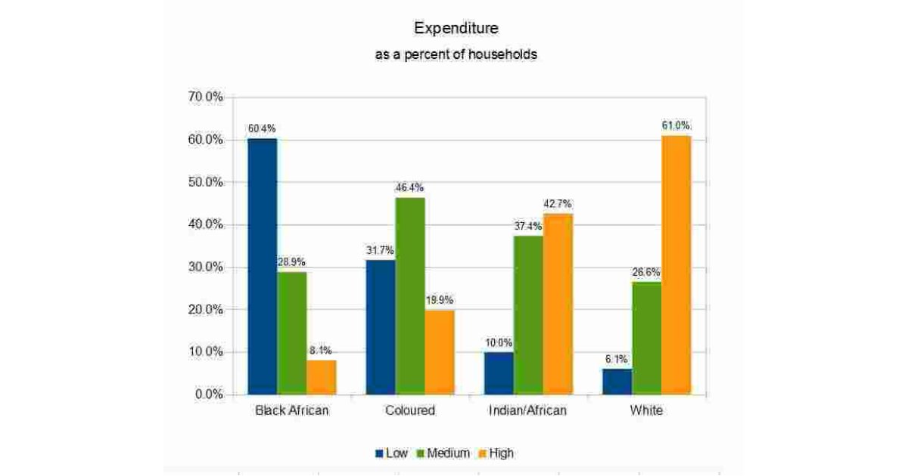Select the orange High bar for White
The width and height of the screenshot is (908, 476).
676,264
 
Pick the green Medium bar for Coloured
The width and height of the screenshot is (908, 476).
410,295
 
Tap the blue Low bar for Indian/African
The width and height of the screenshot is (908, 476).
499,373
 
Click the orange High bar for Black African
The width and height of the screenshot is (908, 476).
322,377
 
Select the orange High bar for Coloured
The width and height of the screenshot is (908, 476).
440,352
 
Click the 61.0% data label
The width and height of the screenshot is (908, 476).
676,126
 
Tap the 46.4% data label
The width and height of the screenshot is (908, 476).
409,187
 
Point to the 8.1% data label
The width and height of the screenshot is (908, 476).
321,351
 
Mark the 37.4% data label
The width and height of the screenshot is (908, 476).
528,226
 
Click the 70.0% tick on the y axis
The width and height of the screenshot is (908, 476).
205,97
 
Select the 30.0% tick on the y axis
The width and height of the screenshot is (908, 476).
205,267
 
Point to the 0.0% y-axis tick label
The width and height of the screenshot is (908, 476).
208,394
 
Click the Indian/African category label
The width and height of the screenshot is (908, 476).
528,411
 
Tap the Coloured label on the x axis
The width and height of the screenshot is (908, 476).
410,411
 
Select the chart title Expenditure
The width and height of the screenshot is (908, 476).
456,29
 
